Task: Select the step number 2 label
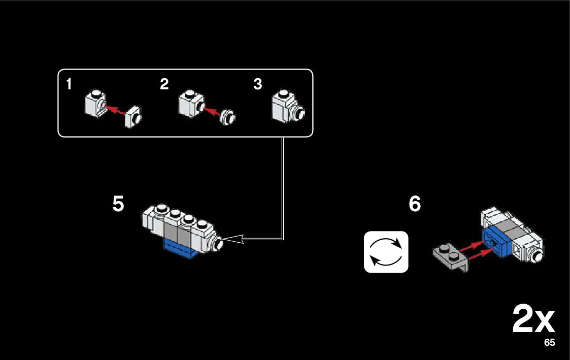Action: (x=164, y=85)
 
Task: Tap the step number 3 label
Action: (x=258, y=85)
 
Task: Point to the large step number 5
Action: (x=118, y=204)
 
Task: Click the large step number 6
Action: (x=415, y=204)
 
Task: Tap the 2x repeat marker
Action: (x=533, y=319)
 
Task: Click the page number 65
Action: (x=549, y=343)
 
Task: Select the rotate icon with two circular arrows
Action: (x=386, y=252)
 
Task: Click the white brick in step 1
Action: (x=94, y=103)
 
